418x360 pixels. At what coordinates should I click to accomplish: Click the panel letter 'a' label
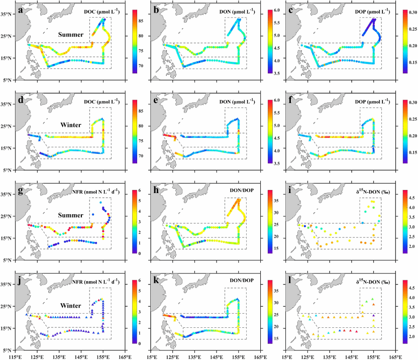point(20,11)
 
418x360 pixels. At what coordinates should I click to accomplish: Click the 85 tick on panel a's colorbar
point(141,21)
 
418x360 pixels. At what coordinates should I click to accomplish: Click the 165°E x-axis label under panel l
point(396,356)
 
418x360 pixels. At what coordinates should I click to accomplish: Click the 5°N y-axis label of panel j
point(8,350)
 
